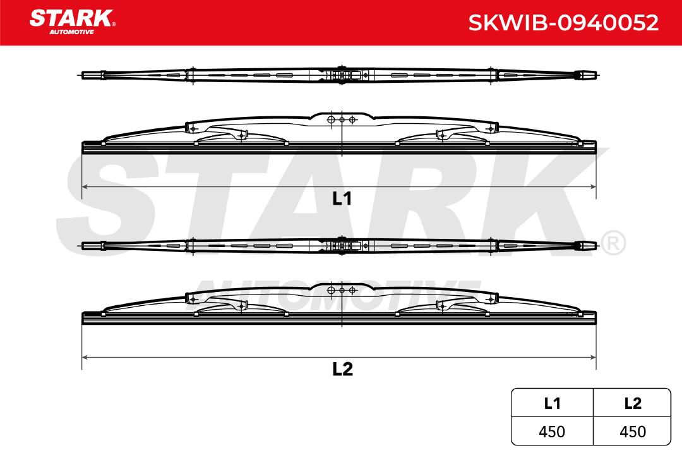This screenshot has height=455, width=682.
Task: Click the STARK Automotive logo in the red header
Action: pos(72,21)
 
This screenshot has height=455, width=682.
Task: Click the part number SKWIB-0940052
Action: pos(563,23)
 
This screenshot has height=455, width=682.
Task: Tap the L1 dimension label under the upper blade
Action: pos(342,198)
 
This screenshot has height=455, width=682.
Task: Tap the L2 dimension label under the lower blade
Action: pos(342,369)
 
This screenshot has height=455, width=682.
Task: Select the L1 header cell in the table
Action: pos(552,403)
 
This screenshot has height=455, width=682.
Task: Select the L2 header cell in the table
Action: pos(632,403)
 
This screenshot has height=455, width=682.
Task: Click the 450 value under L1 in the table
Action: pos(551,432)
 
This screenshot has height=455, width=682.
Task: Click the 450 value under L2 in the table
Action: pos(632,432)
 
